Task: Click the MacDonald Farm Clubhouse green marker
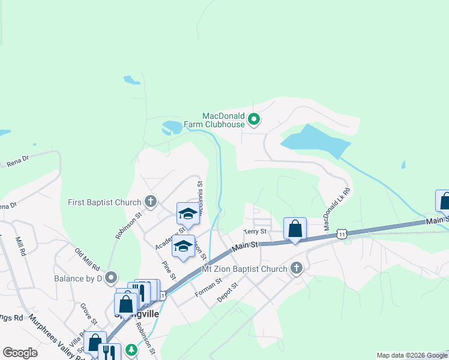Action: [x=254, y=119]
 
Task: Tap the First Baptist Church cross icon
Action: [x=150, y=202]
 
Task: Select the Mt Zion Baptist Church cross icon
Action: [x=295, y=268]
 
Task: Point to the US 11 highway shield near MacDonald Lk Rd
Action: [x=341, y=233]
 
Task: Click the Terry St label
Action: [x=255, y=232]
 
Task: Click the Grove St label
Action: [x=89, y=313]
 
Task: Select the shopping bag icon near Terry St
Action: [x=295, y=229]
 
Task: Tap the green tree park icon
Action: [x=130, y=351]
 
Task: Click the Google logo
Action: [x=20, y=353]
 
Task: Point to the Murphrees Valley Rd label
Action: [x=51, y=339]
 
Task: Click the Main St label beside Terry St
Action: [x=245, y=245]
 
